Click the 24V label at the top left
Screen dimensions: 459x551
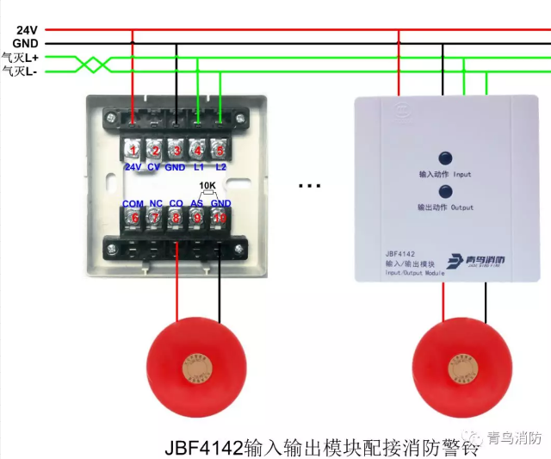[25, 29]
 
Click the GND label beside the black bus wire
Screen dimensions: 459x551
[25, 42]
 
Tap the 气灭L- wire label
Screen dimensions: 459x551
[19, 71]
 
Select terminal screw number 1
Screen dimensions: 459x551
[133, 150]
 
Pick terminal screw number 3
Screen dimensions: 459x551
[176, 150]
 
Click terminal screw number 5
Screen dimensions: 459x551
[219, 150]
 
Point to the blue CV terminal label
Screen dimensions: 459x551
[154, 166]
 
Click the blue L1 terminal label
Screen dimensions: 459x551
[198, 166]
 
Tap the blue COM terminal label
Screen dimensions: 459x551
[133, 203]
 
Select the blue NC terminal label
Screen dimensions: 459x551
[156, 203]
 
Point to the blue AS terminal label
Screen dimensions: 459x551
[197, 203]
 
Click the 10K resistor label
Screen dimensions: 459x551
[207, 186]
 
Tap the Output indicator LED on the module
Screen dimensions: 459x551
[445, 191]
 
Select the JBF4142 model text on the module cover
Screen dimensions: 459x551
[401, 255]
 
